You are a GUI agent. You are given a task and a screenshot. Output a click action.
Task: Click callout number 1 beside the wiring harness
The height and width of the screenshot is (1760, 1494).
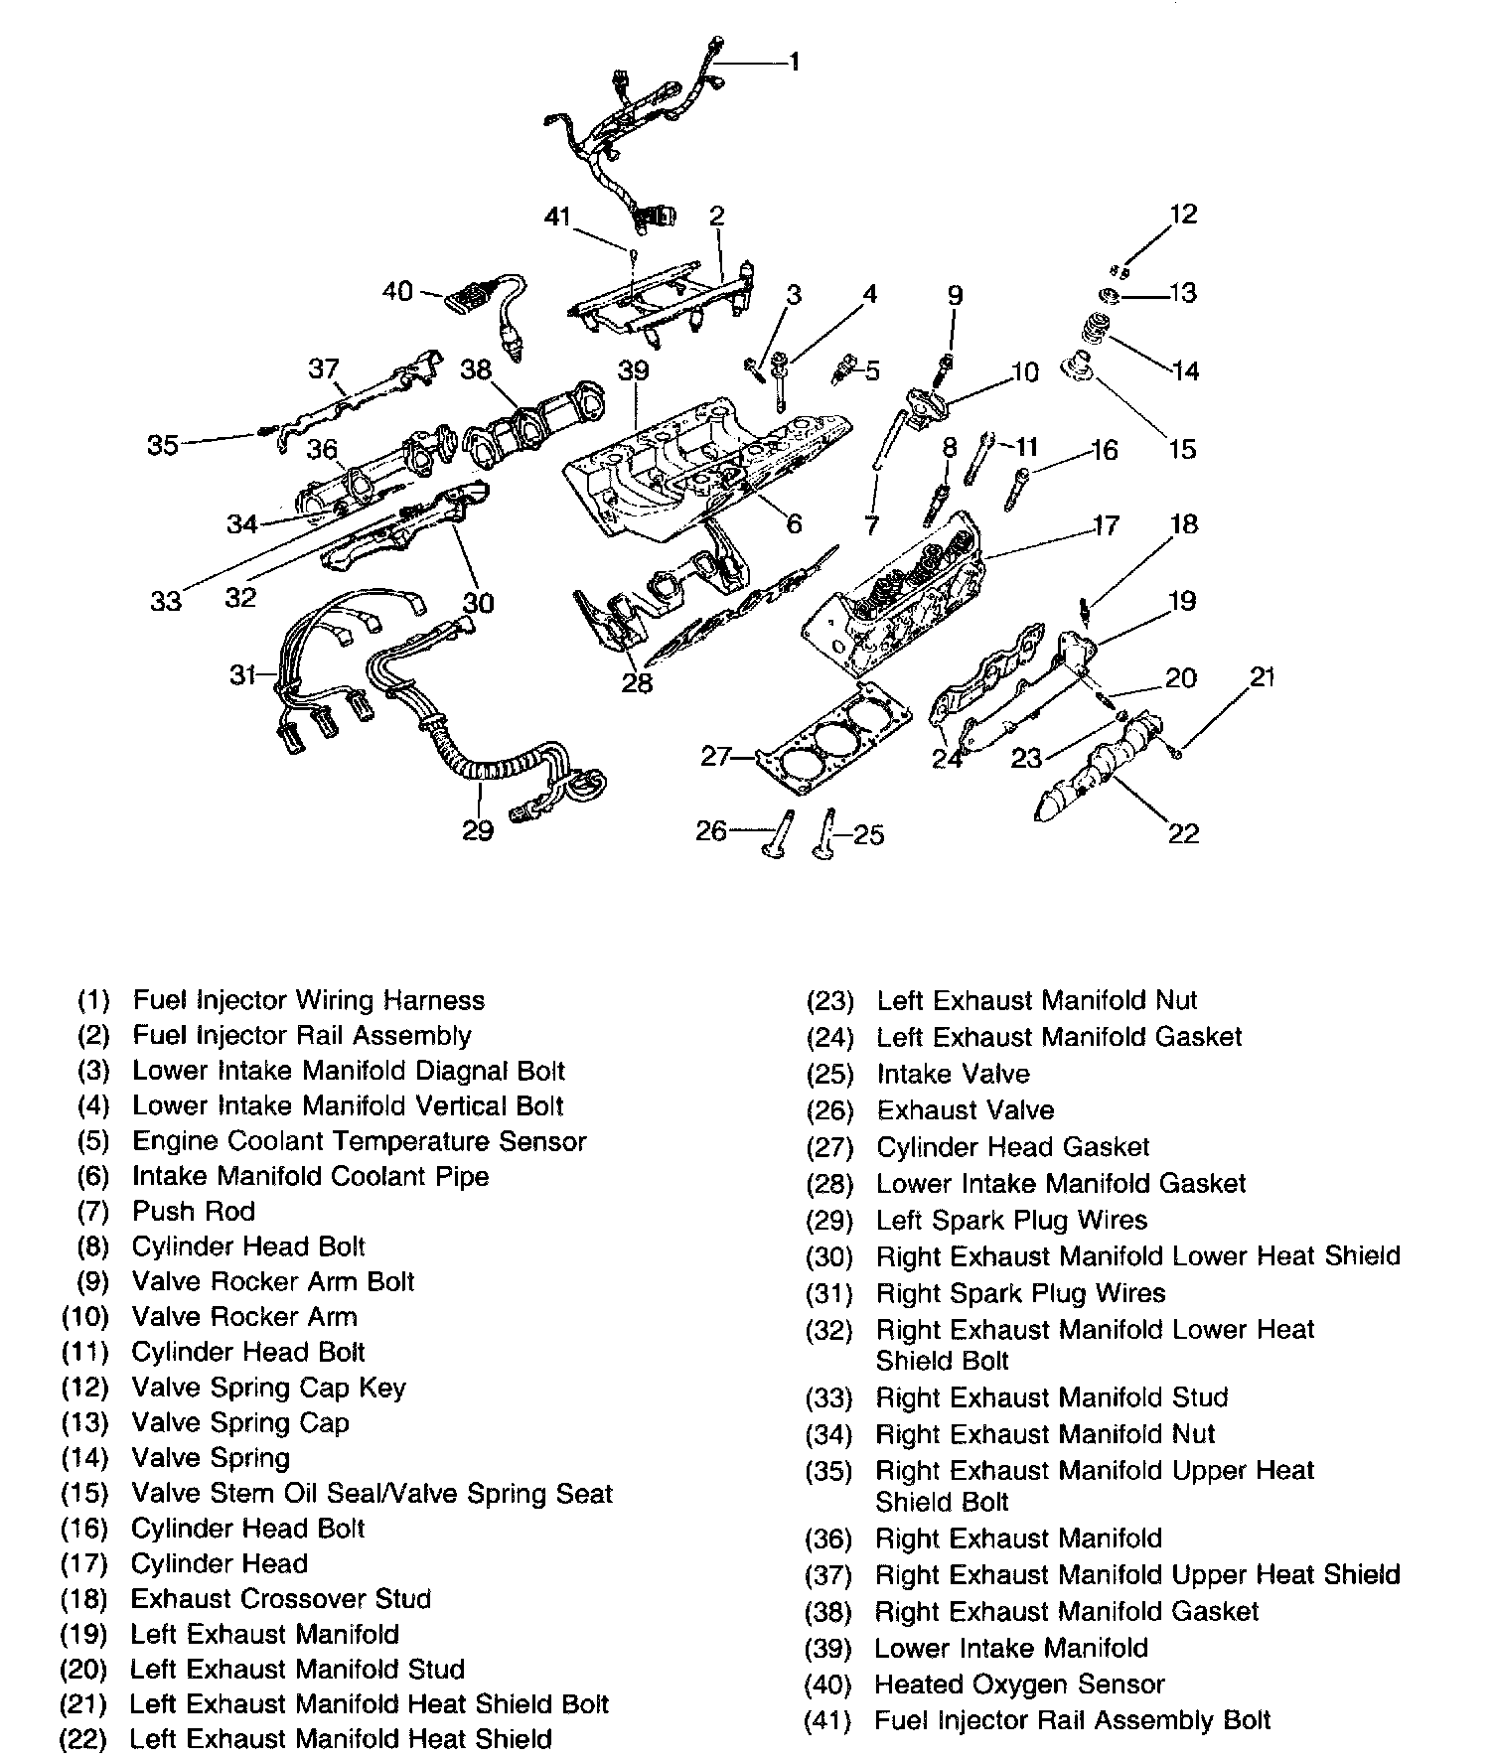[794, 63]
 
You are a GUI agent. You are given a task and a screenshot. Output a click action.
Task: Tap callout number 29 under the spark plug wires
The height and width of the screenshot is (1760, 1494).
[478, 829]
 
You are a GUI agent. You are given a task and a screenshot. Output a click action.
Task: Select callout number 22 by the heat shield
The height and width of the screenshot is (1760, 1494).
[1183, 832]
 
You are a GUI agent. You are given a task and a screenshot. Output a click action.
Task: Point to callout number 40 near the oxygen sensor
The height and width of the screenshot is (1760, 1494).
[397, 293]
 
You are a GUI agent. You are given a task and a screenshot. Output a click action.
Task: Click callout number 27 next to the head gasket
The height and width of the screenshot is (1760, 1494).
[716, 757]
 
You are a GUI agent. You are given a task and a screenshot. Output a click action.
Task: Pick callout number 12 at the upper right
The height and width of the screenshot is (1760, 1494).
[1183, 215]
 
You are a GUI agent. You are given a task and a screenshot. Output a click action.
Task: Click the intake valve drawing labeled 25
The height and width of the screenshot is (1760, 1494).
[824, 835]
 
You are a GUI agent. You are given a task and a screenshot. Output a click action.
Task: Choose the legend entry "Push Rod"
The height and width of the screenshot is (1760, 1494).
[194, 1212]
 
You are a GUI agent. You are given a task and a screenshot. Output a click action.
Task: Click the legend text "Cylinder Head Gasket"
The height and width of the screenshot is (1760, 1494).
[1012, 1147]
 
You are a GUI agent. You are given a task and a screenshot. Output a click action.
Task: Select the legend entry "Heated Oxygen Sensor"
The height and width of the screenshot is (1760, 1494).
[1019, 1685]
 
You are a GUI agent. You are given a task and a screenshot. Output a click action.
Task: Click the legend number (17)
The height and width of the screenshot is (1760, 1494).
[84, 1564]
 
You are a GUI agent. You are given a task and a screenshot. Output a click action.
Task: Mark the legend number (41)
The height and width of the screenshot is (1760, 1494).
[827, 1721]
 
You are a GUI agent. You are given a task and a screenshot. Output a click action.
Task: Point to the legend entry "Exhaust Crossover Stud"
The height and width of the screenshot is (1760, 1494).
[280, 1599]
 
